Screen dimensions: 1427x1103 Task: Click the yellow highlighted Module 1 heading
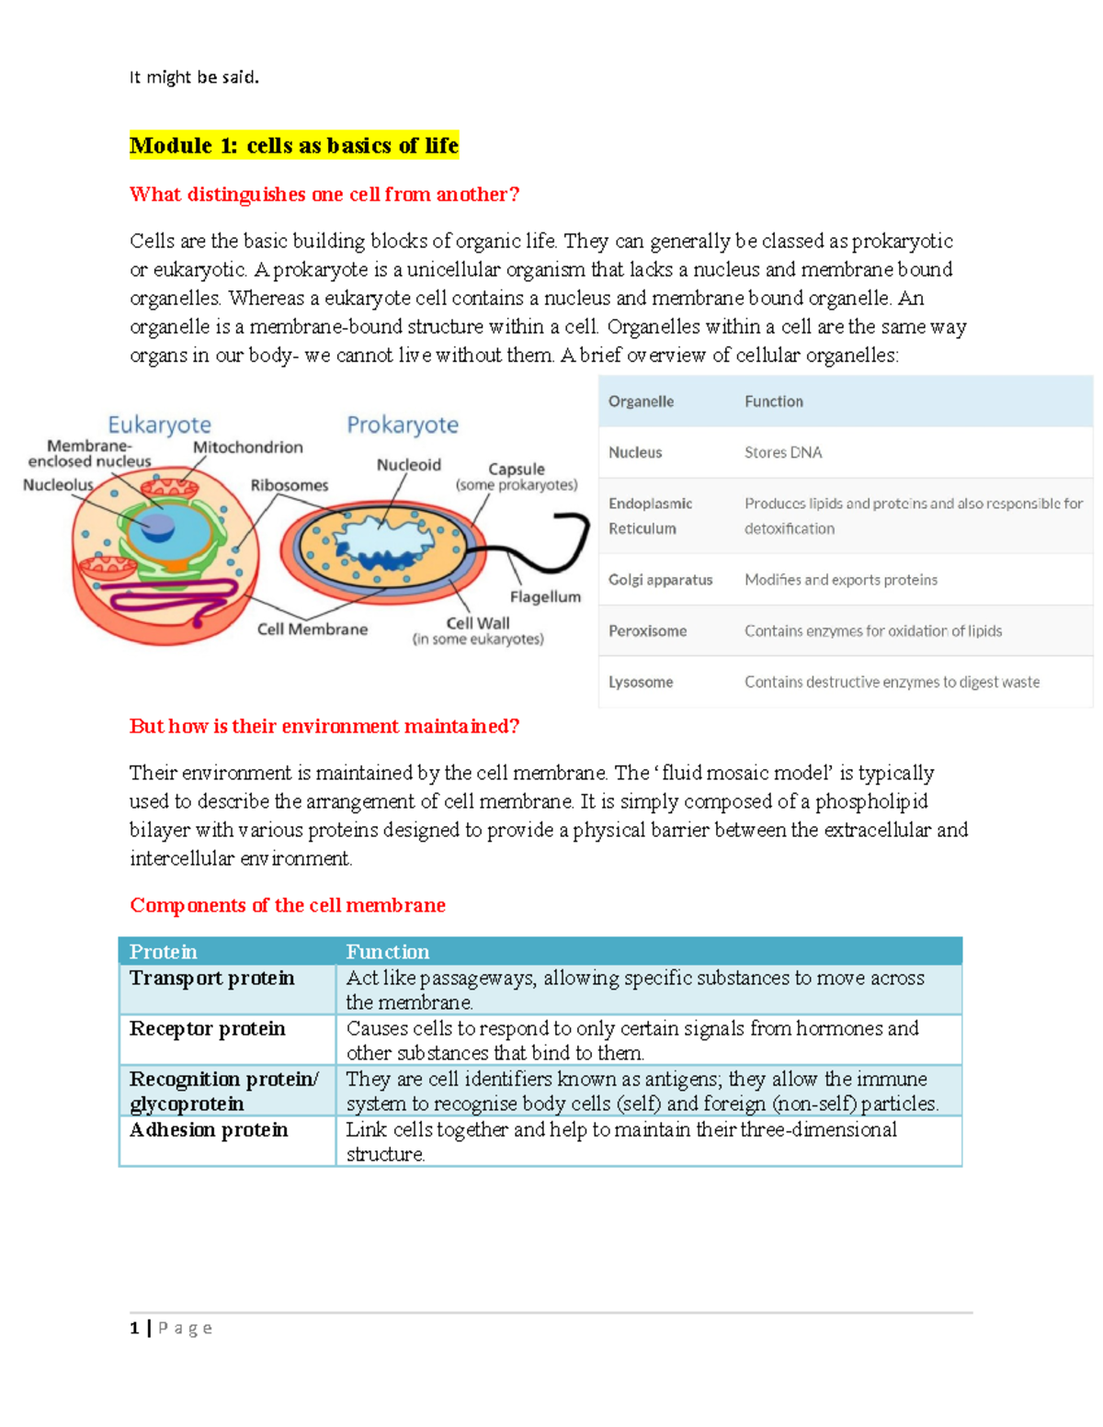[293, 145]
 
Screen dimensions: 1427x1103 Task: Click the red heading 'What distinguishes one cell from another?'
[324, 194]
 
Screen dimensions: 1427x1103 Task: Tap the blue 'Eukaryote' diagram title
[159, 425]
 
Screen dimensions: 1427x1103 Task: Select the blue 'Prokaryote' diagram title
[402, 425]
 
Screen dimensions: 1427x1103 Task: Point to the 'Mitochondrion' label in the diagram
[247, 447]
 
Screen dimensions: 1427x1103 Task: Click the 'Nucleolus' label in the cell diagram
[58, 484]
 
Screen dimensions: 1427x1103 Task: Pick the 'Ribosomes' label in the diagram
[289, 485]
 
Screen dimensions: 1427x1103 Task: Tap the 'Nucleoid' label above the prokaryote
[408, 465]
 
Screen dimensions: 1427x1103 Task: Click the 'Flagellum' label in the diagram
[545, 596]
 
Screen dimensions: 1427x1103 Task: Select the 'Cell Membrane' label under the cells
[312, 629]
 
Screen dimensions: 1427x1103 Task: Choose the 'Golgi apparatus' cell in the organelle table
[660, 580]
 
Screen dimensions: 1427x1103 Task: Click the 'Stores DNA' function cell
[783, 452]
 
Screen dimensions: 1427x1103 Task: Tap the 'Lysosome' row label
[641, 682]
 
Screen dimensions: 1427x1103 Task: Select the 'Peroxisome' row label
[647, 631]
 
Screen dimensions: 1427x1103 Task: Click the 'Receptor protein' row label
[207, 1028]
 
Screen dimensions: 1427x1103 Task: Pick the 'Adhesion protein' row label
[209, 1129]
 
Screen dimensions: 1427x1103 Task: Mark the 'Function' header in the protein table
[387, 951]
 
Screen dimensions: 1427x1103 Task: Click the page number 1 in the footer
[135, 1328]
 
